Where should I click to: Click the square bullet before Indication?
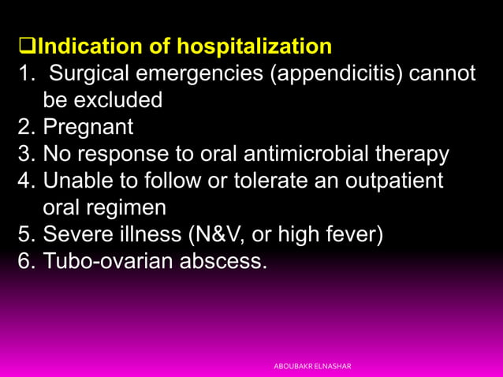click(28, 47)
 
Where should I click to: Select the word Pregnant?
click(88, 127)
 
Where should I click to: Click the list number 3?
click(26, 154)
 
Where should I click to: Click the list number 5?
click(26, 234)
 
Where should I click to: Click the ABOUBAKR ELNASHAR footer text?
click(312, 367)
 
